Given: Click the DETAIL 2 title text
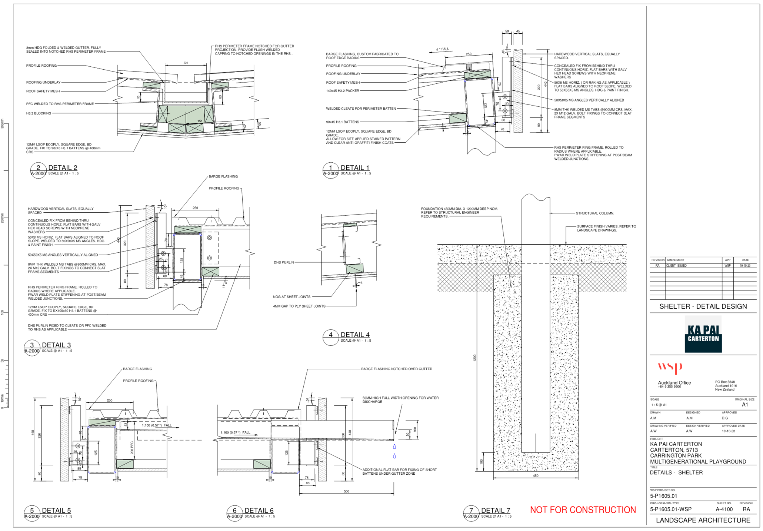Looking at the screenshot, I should pos(63,168).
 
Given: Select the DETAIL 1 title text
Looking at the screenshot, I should pos(355,167).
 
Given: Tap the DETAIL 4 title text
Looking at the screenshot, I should pos(355,335).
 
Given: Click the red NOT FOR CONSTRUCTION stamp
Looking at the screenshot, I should pos(583,510).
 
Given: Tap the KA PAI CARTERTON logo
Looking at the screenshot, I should pos(703,334).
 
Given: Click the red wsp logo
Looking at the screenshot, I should pos(670,367).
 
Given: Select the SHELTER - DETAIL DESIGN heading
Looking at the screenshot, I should pos(703,306).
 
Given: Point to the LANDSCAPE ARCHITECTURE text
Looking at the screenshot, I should pos(703,520).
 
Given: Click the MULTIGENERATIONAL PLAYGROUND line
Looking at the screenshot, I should pos(698,462).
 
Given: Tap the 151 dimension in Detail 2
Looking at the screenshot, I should pos(200,121).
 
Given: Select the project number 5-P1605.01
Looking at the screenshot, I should pos(664,496).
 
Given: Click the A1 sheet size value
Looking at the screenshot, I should pos(745,405).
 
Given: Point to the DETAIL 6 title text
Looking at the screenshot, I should pos(259,511).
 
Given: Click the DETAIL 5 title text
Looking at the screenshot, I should pos(56,511).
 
